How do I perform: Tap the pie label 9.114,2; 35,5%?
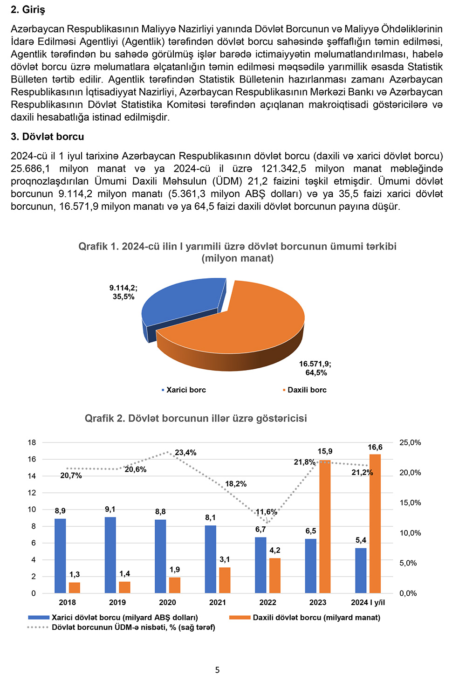[x=123, y=292]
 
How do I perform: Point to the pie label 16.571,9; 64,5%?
[x=315, y=368]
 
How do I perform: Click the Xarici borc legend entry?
[x=185, y=390]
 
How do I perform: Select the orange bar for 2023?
[x=325, y=527]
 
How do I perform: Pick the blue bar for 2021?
[x=211, y=559]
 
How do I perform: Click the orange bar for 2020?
[x=175, y=585]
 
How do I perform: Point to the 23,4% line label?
[x=185, y=453]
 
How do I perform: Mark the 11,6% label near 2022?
[x=267, y=512]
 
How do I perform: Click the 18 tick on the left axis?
[x=32, y=442]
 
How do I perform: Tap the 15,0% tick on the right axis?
[x=410, y=503]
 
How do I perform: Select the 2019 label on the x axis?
[x=117, y=602]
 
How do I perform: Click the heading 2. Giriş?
[x=28, y=10]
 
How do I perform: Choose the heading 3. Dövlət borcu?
[x=48, y=137]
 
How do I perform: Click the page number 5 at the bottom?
[x=217, y=670]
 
